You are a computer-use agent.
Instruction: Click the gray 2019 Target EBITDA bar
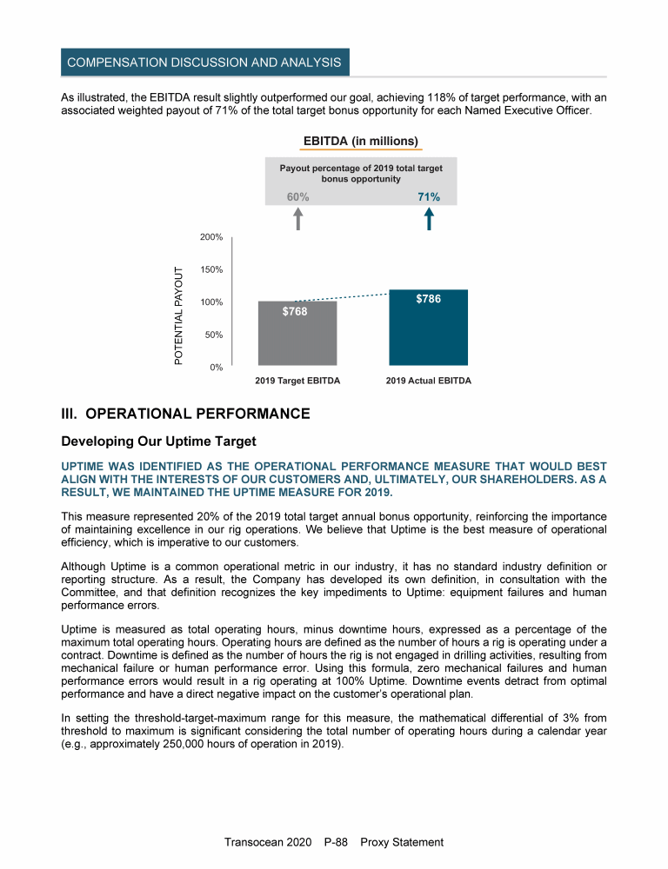[x=297, y=339]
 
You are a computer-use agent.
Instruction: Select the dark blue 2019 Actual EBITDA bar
[x=428, y=335]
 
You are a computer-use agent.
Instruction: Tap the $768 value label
[x=295, y=311]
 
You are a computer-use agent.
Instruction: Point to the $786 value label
[x=428, y=299]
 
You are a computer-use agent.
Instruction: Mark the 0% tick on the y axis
[x=217, y=368]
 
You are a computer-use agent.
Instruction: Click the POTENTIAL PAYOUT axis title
[x=179, y=315]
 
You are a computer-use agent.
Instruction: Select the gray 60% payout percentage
[x=298, y=197]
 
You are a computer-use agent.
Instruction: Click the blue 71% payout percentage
[x=429, y=197]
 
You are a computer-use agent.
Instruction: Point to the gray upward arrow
[x=298, y=219]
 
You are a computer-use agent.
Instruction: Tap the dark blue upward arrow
[x=429, y=219]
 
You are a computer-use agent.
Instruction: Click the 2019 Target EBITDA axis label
[x=297, y=381]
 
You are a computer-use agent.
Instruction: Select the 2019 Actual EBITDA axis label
[x=428, y=381]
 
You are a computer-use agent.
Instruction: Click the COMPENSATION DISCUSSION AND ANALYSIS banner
[x=205, y=63]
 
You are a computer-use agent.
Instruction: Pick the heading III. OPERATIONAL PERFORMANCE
[x=185, y=414]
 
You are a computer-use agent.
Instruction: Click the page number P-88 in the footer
[x=335, y=842]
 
